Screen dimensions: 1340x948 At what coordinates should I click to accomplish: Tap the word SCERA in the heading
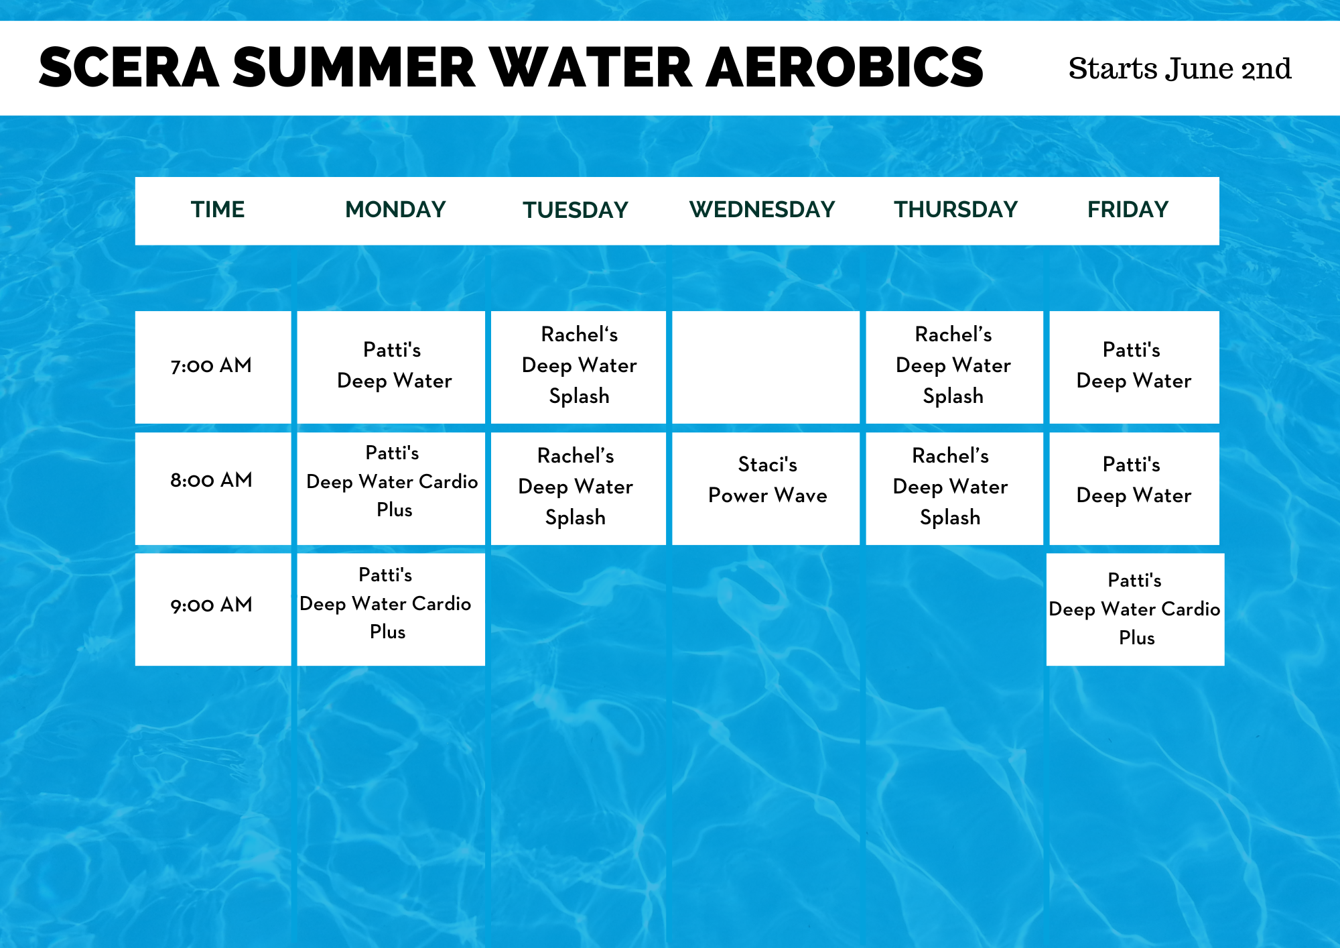point(129,68)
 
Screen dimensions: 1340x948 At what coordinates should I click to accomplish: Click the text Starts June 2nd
point(1180,68)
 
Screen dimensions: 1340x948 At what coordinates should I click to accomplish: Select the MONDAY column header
point(395,210)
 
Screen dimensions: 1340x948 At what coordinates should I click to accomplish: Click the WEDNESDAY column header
point(762,210)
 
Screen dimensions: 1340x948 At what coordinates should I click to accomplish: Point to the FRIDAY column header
point(1128,210)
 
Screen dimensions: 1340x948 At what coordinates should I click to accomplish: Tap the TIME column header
point(218,210)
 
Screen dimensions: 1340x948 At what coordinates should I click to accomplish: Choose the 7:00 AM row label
point(211,366)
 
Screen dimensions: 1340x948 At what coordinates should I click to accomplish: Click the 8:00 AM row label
point(211,480)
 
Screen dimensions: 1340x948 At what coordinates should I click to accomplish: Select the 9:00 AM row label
point(211,605)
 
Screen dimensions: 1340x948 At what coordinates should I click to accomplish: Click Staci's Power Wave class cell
point(766,488)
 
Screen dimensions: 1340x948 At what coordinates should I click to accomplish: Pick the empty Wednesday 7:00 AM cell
point(766,367)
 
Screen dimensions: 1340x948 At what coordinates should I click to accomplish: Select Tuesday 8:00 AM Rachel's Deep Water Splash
point(578,488)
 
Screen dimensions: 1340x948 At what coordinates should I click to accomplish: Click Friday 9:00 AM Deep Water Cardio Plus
point(1135,609)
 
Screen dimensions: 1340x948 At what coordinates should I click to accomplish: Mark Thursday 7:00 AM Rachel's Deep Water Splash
point(954,367)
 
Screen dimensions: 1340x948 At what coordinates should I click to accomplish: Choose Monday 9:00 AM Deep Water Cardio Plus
point(391,609)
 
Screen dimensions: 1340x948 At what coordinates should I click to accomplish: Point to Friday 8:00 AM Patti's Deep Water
point(1134,488)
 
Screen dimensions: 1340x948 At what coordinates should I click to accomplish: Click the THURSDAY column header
point(955,210)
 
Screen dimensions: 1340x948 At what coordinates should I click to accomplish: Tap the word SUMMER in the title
point(354,68)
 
